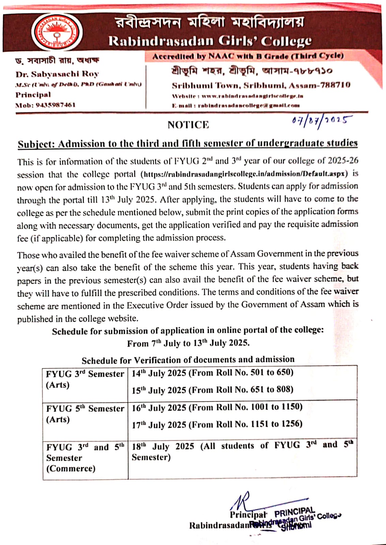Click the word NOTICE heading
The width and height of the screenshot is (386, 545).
click(x=188, y=125)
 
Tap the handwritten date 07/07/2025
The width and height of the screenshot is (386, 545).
click(x=322, y=121)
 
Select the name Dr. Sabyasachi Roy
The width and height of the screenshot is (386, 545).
click(x=57, y=74)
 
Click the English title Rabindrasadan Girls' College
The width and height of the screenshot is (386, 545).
click(x=210, y=41)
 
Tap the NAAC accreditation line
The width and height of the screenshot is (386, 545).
click(x=248, y=57)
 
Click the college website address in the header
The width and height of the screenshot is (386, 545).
click(x=252, y=96)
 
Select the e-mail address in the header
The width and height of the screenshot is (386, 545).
click(x=249, y=106)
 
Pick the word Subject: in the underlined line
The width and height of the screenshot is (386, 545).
click(x=36, y=144)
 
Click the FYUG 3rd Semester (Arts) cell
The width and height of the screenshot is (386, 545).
click(x=85, y=379)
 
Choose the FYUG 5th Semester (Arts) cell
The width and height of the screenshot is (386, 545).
click(x=85, y=414)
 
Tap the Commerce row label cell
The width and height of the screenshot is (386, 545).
click(x=85, y=458)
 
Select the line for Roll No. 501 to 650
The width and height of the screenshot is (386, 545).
click(x=213, y=373)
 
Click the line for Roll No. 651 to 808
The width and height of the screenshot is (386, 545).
click(x=213, y=390)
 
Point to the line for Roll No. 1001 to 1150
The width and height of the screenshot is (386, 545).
click(x=217, y=407)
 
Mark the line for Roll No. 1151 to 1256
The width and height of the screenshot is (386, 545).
click(x=217, y=424)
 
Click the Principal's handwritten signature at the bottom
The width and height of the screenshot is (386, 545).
click(x=242, y=501)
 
